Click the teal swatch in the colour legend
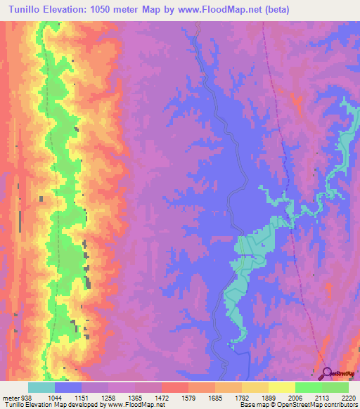coord(41,387)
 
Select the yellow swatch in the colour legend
coord(281,387)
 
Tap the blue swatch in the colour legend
coord(68,387)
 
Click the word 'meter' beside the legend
coord(10,397)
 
